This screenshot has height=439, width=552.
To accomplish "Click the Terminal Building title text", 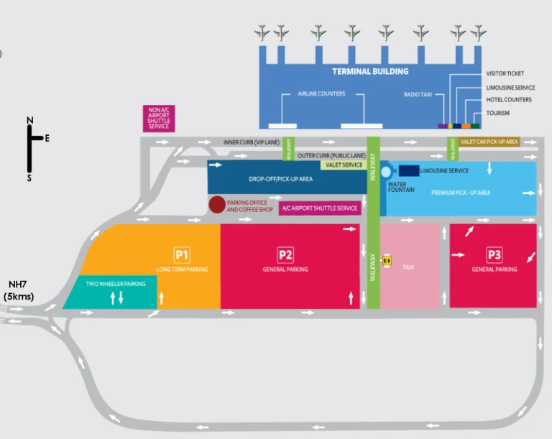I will click(370, 71).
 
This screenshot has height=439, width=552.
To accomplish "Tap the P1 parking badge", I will click(182, 254).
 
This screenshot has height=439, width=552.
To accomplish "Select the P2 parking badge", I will click(285, 254).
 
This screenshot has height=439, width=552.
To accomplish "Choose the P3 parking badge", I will click(494, 254).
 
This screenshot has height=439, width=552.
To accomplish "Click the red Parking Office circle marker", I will click(216, 205).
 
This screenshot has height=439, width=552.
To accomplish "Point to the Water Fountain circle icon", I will click(386, 172).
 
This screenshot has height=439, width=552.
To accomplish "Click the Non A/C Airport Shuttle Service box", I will click(159, 119).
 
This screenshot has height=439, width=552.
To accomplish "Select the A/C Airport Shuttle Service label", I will click(320, 208).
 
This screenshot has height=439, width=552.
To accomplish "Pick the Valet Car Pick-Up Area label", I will click(489, 142).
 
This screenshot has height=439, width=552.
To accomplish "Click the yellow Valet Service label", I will click(344, 165).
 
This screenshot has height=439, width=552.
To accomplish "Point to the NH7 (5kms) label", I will click(17, 291).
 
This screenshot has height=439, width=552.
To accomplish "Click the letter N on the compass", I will click(29, 120).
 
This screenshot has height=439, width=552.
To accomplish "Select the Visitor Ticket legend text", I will click(505, 73).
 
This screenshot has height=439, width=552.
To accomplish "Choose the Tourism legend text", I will click(497, 113).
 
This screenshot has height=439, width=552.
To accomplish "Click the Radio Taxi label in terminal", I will click(418, 94).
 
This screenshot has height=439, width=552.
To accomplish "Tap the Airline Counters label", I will click(321, 94).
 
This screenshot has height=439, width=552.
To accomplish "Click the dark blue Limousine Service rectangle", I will click(408, 170).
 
